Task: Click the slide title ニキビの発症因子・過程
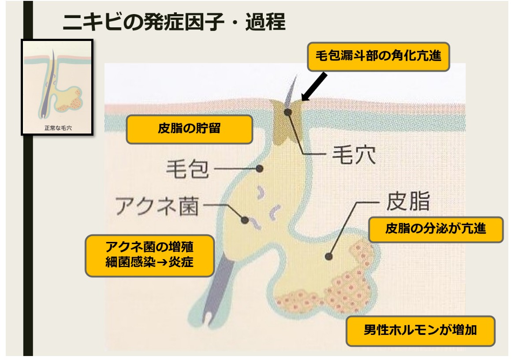tap(174, 22)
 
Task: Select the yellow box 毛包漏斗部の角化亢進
tap(378, 56)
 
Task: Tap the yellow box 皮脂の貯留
tap(189, 129)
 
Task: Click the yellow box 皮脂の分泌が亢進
tap(436, 229)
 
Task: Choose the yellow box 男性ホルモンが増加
tap(421, 331)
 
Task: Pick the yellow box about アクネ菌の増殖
tap(149, 256)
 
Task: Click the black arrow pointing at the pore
tap(314, 87)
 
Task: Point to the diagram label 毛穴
tap(354, 155)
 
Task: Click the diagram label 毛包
tap(187, 169)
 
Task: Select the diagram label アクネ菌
tap(157, 206)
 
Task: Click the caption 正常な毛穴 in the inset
tap(58, 128)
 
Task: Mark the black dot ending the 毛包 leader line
tap(259, 169)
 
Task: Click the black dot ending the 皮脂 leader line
tap(328, 256)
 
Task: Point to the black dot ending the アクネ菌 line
tap(245, 220)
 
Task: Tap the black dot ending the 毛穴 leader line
tap(287, 112)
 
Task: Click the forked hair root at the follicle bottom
tap(209, 319)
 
